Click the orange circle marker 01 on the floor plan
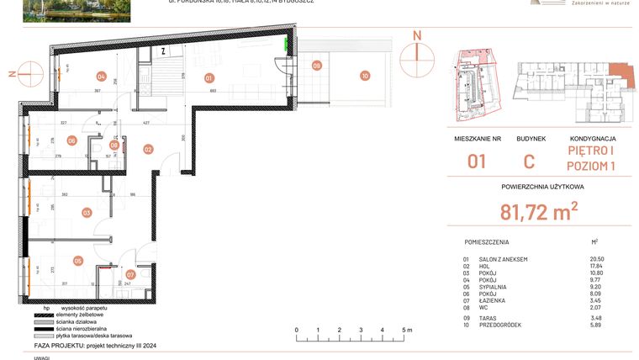[x=209, y=77]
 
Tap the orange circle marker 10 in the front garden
[x=364, y=76]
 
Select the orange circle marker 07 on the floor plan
[x=130, y=274]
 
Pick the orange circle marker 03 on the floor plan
[x=86, y=213]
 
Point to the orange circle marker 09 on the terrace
[x=317, y=65]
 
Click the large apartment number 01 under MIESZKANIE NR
[x=478, y=160]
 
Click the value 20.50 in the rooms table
[x=597, y=259]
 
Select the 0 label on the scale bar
[x=297, y=331]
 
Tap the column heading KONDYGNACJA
[x=593, y=138]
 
